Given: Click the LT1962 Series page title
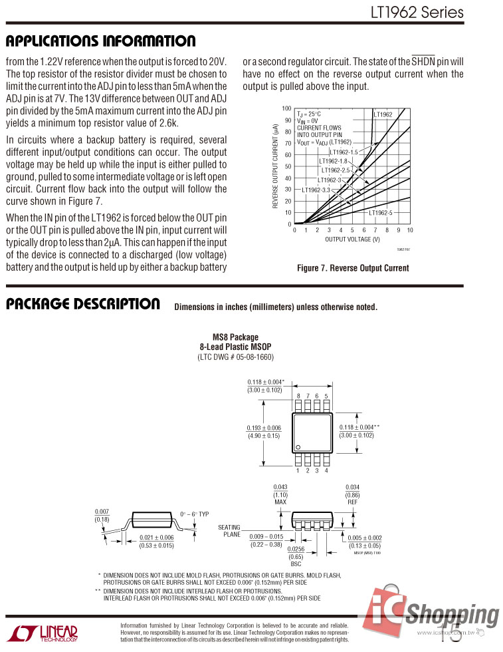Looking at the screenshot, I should pos(417,13).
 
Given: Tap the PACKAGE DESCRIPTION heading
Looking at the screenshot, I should pos(83,304).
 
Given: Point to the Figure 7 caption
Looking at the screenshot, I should pos(353,268).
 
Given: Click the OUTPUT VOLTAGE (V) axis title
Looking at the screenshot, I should pos(352,239).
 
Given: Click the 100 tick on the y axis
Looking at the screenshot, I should pos(286,108).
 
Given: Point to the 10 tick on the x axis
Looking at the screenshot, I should pos(410,230).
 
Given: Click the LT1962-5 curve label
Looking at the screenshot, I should pos(381,213).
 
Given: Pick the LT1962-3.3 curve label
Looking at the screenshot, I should pos(316,190).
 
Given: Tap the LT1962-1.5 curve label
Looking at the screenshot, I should pos(344,152).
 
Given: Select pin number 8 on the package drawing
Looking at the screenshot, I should pos(298,396).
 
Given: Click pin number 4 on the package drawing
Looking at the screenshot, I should pos(326,471).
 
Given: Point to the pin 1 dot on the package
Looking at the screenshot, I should pos(299,446).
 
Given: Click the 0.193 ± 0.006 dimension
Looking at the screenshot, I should pos(264,428).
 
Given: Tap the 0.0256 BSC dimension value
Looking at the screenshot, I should pos(296,549).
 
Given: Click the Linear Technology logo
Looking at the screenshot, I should pos(40,633).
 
